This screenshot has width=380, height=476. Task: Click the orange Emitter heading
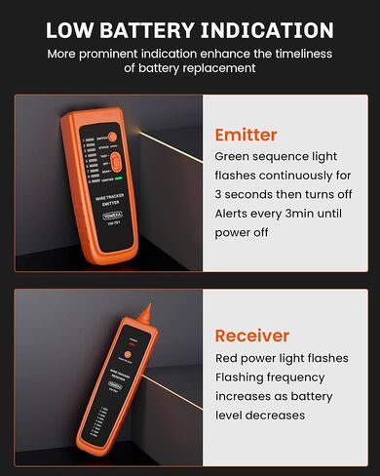tap(246, 135)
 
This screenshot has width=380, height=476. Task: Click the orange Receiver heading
tap(252, 336)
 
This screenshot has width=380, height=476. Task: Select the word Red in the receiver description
tap(228, 358)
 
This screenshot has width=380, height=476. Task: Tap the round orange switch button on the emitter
tap(113, 138)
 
